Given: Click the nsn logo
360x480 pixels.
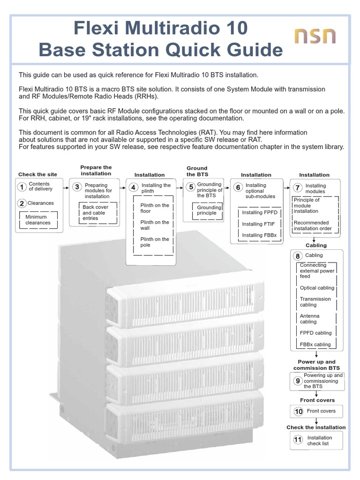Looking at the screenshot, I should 315,37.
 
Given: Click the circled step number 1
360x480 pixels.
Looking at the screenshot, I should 22,187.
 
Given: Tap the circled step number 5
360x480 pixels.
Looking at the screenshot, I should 191,187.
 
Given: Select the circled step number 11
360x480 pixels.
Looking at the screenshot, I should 298,440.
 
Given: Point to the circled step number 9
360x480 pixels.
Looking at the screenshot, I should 297,381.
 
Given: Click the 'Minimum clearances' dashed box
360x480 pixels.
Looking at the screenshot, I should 38,220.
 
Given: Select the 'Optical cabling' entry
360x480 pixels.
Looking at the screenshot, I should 317,288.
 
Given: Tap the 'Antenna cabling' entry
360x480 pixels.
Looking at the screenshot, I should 309,319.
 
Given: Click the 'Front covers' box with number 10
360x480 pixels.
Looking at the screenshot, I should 316,411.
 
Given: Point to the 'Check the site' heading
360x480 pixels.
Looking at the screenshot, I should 37,174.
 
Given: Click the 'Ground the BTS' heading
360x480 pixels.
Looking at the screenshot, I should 197,171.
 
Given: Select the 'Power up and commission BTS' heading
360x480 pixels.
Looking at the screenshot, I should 317,365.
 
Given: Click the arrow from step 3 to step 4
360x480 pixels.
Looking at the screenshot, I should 121,187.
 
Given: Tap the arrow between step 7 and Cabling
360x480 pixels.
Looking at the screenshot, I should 317,239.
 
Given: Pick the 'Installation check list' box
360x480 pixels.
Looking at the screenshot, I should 316,440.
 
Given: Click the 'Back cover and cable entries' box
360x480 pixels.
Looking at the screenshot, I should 95,212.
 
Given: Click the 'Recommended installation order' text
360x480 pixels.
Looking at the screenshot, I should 312,225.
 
